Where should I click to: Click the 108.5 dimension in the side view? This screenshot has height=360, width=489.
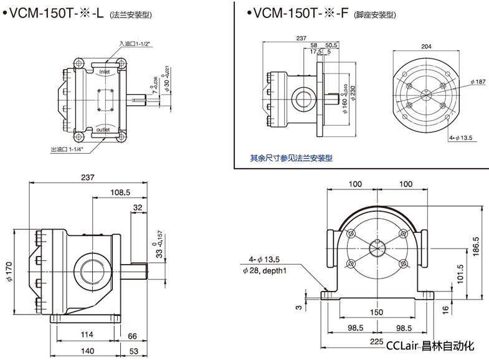click(121, 192)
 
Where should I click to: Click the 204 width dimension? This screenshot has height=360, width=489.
click(427, 46)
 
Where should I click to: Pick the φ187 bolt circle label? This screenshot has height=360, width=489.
click(477, 82)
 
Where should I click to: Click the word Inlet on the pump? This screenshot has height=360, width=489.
click(104, 72)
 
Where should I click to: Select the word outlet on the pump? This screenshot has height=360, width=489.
click(103, 130)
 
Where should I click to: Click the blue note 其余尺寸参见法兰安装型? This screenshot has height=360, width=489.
click(292, 158)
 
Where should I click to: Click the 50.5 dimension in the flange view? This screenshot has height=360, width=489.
click(331, 45)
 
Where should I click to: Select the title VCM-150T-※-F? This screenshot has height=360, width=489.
click(297, 13)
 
